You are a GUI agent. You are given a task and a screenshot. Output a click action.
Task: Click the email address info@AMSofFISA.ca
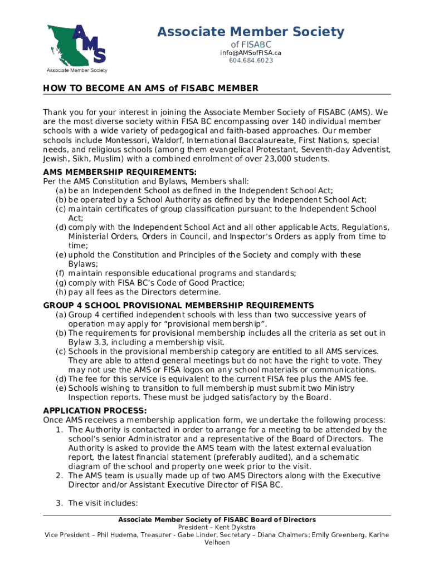click(250, 52)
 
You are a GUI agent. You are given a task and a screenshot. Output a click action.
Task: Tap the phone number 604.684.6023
click(251, 60)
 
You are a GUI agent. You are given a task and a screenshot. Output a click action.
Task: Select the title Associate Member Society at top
click(251, 32)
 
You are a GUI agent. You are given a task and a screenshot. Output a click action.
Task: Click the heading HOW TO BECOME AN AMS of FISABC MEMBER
click(151, 89)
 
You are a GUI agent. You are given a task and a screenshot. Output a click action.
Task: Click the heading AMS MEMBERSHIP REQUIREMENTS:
click(120, 172)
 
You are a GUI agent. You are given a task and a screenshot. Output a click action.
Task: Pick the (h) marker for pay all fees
click(61, 292)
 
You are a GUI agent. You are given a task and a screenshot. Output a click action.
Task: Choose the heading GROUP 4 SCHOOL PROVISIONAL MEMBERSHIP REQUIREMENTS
click(179, 305)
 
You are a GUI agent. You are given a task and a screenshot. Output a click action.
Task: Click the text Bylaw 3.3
click(89, 342)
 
